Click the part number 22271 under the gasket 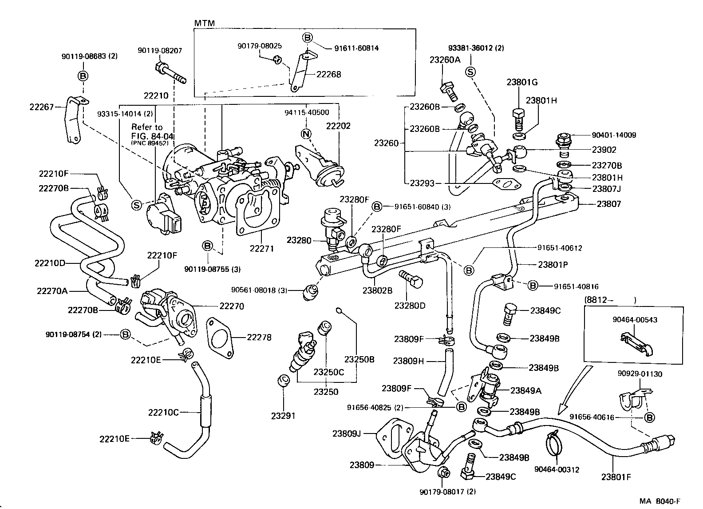[261, 249]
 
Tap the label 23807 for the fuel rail [608, 204]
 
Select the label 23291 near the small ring [284, 416]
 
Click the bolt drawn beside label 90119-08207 [170, 73]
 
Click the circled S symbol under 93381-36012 [471, 72]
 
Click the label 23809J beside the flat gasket [347, 433]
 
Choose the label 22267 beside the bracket [41, 107]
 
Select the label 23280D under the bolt [410, 306]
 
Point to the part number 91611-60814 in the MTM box [356, 48]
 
